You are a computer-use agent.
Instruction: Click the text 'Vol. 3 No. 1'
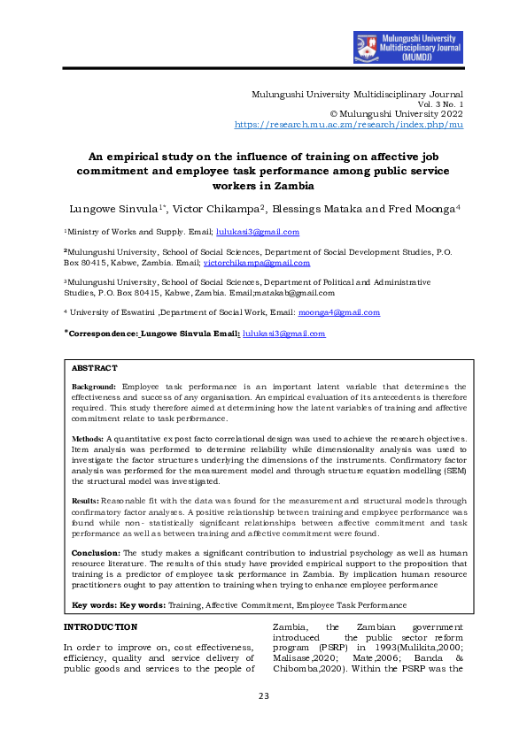click(440, 104)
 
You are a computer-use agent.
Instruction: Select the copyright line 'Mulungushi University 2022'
click(401, 115)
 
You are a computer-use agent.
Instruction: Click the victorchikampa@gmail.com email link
click(257, 263)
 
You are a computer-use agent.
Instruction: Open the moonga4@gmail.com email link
click(339, 312)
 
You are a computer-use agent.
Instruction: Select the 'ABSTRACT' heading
click(94, 367)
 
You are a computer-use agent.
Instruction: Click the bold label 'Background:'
click(94, 387)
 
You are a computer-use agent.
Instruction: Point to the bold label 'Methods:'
click(88, 438)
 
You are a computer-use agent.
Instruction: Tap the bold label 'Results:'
click(87, 500)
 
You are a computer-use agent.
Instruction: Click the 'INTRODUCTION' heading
click(100, 627)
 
